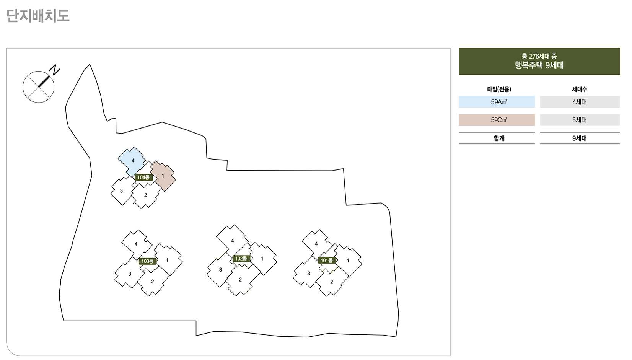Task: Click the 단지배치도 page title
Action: (x=38, y=16)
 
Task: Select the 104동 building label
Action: (x=143, y=178)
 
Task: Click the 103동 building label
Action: (x=147, y=261)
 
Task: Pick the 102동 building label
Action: (x=241, y=259)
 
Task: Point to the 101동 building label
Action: (x=327, y=261)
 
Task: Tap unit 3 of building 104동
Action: (x=121, y=191)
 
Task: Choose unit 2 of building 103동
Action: (x=152, y=282)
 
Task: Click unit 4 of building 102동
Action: (x=232, y=240)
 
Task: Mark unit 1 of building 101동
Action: (x=348, y=261)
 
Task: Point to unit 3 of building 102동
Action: (x=220, y=270)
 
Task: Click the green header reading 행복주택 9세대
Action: (x=539, y=61)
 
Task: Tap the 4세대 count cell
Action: (x=579, y=102)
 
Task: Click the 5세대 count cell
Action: (x=579, y=120)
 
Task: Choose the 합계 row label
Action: (x=499, y=138)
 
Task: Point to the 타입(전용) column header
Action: (x=499, y=90)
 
